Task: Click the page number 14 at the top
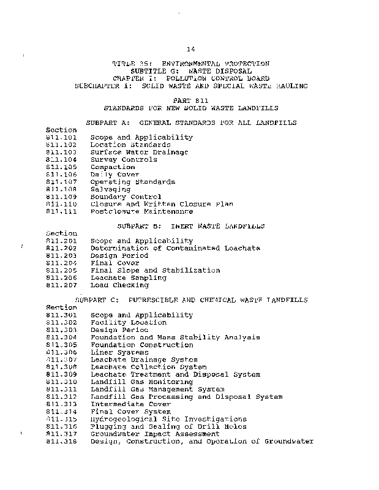[190, 48]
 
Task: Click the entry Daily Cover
[115, 175]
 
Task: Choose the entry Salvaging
[111, 189]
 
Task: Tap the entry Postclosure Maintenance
[141, 211]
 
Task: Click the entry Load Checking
[119, 285]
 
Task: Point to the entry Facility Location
[129, 322]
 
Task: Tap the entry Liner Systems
[119, 352]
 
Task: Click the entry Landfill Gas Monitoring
[141, 382]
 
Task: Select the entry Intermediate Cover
[130, 404]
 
